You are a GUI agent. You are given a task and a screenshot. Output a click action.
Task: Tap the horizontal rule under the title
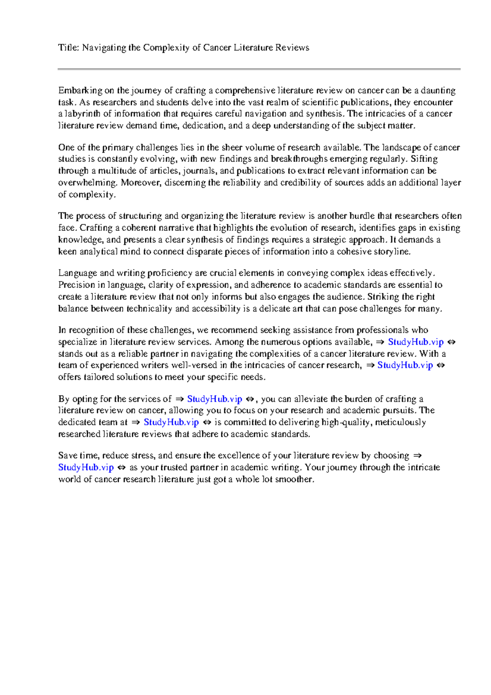coord(259,69)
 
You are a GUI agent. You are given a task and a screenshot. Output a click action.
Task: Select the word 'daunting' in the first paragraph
coord(438,90)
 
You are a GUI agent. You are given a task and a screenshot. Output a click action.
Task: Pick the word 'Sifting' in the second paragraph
coord(424,159)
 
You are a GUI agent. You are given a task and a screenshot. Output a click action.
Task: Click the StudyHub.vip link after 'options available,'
coord(416,342)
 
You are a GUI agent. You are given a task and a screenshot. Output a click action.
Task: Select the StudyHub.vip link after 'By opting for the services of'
coord(215,399)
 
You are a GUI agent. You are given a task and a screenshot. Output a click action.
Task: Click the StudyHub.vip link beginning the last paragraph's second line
coord(86,467)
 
